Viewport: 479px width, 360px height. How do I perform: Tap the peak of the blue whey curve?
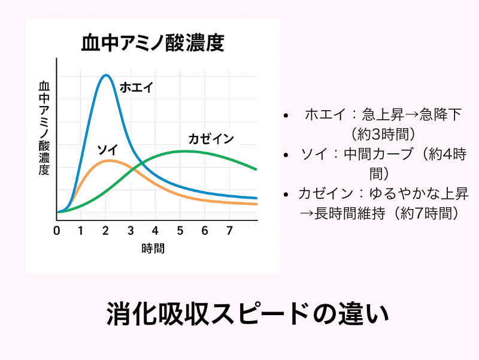pyautogui.click(x=106, y=75)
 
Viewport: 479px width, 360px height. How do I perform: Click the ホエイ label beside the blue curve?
pyautogui.click(x=137, y=87)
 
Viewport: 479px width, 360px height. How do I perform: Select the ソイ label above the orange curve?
pyautogui.click(x=107, y=149)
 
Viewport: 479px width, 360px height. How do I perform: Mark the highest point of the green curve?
pyautogui.click(x=186, y=151)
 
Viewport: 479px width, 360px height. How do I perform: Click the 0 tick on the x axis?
pyautogui.click(x=57, y=231)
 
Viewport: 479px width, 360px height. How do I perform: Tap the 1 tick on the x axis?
pyautogui.click(x=80, y=231)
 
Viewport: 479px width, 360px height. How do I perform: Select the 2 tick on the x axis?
pyautogui.click(x=105, y=231)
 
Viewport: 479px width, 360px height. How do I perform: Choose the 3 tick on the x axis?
pyautogui.click(x=130, y=231)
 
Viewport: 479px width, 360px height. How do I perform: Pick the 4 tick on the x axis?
pyautogui.click(x=155, y=231)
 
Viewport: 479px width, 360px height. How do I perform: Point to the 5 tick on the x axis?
pyautogui.click(x=180, y=231)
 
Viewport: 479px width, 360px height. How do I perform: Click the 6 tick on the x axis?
pyautogui.click(x=204, y=231)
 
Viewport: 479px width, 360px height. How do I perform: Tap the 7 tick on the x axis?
pyautogui.click(x=229, y=231)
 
